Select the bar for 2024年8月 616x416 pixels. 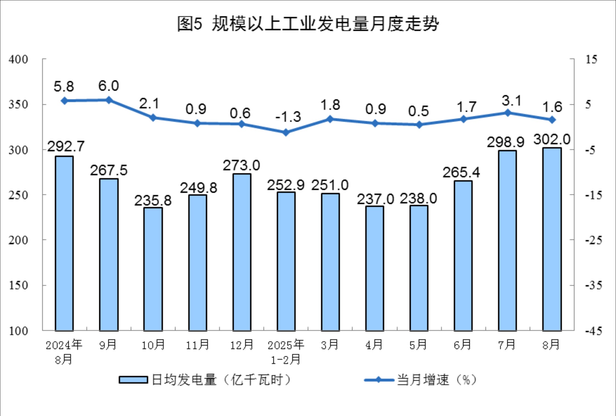tap(64, 243)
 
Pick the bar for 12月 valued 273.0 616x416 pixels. tap(242, 252)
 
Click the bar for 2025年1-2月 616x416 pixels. tap(286, 261)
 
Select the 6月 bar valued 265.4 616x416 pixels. tap(463, 256)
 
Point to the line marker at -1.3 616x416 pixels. tap(286, 133)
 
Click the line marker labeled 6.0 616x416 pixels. tap(109, 100)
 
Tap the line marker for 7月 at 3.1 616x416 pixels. tap(508, 113)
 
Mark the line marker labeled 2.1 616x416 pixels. tap(153, 118)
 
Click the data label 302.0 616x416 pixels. tap(552, 139)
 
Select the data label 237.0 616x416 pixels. tap(375, 199)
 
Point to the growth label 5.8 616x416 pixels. tap(64, 87)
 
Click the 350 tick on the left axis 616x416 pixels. tap(18, 105)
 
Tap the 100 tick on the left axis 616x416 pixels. tap(18, 331)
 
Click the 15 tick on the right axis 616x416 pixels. tap(591, 59)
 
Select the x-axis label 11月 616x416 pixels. tap(197, 345)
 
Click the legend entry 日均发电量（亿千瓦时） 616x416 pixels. tap(205, 380)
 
